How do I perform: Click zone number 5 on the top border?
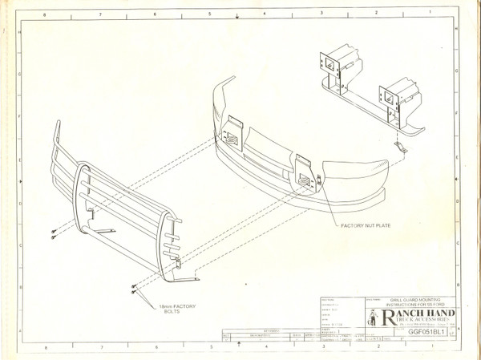pyautogui.click(x=209, y=15)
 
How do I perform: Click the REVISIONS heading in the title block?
pyautogui.click(x=253, y=330)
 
